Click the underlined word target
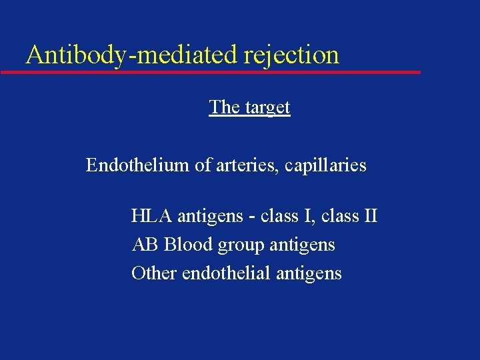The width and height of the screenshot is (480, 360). pos(267,108)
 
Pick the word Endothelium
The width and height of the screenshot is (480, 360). pos(138,165)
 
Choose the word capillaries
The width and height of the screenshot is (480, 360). pos(325,165)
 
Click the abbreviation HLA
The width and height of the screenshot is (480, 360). pos(151,216)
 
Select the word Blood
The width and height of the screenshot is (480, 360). pos(187,245)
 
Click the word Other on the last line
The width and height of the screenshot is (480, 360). pos(154,273)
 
